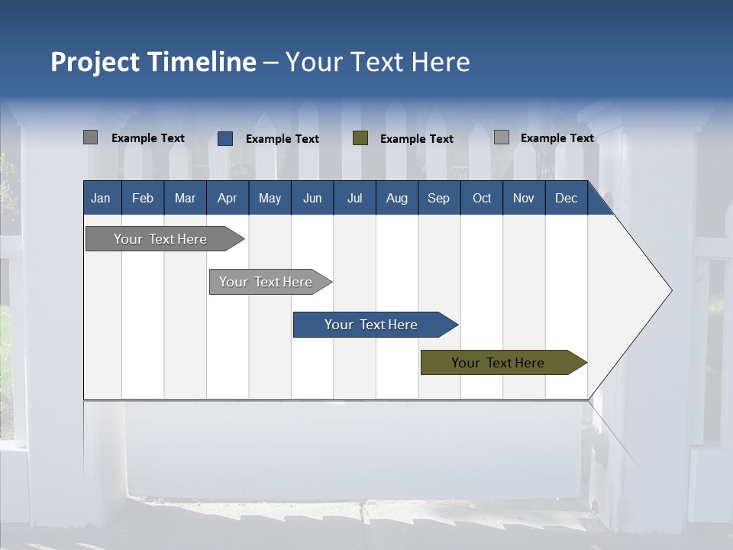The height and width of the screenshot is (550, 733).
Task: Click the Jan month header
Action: [x=101, y=199]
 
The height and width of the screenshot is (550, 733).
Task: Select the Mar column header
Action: [x=185, y=199]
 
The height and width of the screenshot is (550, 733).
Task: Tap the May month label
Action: [x=270, y=199]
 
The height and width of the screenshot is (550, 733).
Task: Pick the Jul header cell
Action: [x=354, y=199]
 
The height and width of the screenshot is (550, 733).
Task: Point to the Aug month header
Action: [x=396, y=199]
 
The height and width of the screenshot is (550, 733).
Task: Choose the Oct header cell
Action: [x=482, y=199]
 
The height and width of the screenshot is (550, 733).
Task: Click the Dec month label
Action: [x=566, y=199]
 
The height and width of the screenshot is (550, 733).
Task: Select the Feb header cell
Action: [x=143, y=199]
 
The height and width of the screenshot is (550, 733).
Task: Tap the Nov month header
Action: [x=523, y=199]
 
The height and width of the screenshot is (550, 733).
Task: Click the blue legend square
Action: [x=225, y=138]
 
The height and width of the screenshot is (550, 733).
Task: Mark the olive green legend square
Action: [x=360, y=138]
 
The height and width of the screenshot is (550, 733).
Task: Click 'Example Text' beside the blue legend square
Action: [x=283, y=139]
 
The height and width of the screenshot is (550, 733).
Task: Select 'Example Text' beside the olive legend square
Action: [x=417, y=139]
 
